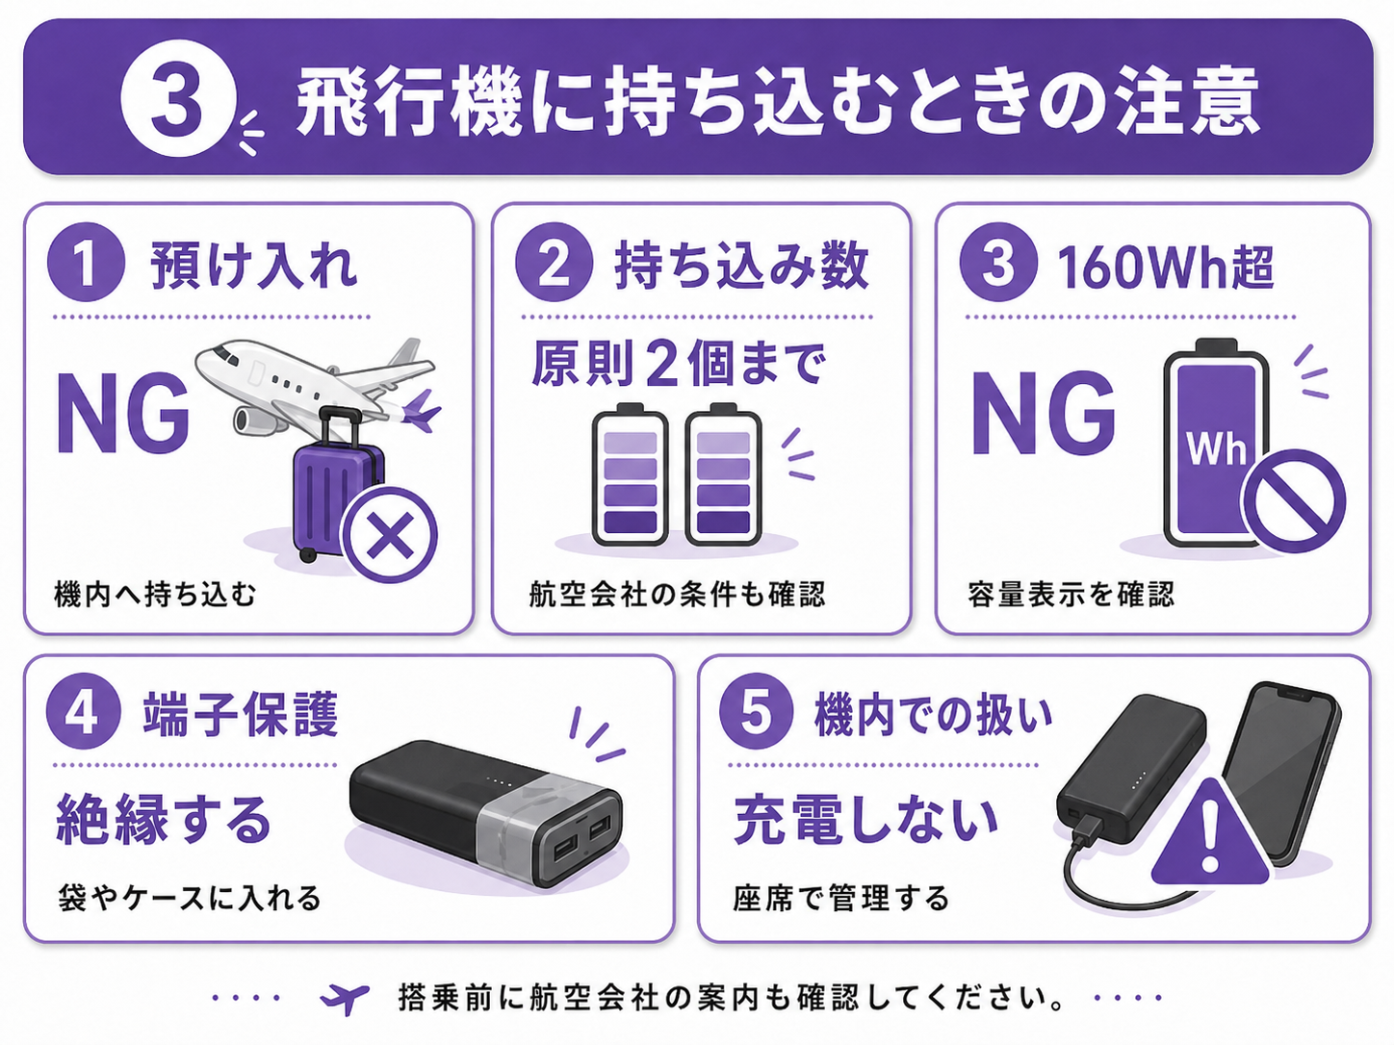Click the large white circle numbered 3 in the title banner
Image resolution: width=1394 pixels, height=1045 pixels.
(178, 98)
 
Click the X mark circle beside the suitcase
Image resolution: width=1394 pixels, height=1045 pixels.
(390, 535)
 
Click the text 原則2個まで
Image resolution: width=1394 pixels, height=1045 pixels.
(679, 364)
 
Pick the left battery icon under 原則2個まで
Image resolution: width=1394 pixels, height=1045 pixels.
(630, 474)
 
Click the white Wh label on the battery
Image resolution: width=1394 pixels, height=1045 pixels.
(1216, 449)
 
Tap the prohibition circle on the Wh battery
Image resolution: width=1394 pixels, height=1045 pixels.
(1294, 500)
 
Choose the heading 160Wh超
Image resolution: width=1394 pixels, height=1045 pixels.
(1165, 268)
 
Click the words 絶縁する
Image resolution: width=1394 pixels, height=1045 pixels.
(165, 820)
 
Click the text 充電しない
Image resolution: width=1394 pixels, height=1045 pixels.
(865, 820)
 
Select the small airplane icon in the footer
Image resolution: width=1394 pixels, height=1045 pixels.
(345, 999)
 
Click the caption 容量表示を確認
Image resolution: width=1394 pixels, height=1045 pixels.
(1071, 595)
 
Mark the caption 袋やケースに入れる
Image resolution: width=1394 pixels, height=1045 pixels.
(190, 899)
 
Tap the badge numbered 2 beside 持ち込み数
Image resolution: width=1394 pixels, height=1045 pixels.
(554, 262)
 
